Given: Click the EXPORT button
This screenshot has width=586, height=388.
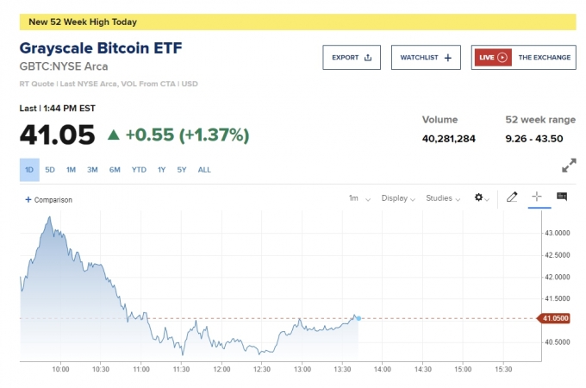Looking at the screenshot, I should pos(351,58).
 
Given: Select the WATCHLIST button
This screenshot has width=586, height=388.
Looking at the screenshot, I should pos(426,58).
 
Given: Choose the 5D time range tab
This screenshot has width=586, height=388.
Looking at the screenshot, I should pos(50,170).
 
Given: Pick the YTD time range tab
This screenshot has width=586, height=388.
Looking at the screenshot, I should pos(139,170).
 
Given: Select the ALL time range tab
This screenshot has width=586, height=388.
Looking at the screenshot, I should pos(204,170).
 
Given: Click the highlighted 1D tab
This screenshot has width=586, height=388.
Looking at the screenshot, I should pos(29,170).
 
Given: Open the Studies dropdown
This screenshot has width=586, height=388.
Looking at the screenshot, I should pos(443,198).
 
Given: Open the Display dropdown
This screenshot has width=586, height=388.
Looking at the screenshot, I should pos(397,198).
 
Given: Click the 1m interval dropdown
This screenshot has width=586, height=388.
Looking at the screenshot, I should pos(358,198).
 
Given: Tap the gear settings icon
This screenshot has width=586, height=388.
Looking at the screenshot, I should pos(481,198).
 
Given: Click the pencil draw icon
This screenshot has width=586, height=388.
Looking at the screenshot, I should pos(512,197).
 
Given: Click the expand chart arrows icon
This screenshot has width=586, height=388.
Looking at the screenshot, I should pos(569,165).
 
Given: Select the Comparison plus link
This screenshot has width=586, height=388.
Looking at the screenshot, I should pos(49,200).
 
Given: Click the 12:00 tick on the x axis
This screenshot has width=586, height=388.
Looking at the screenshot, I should pos(221,369).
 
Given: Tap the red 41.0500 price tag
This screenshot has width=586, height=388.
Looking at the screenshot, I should pos(554,318).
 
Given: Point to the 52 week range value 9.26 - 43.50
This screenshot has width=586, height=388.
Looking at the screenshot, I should pos(534,138).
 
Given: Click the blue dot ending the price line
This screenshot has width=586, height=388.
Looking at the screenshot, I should pos(358,318).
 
